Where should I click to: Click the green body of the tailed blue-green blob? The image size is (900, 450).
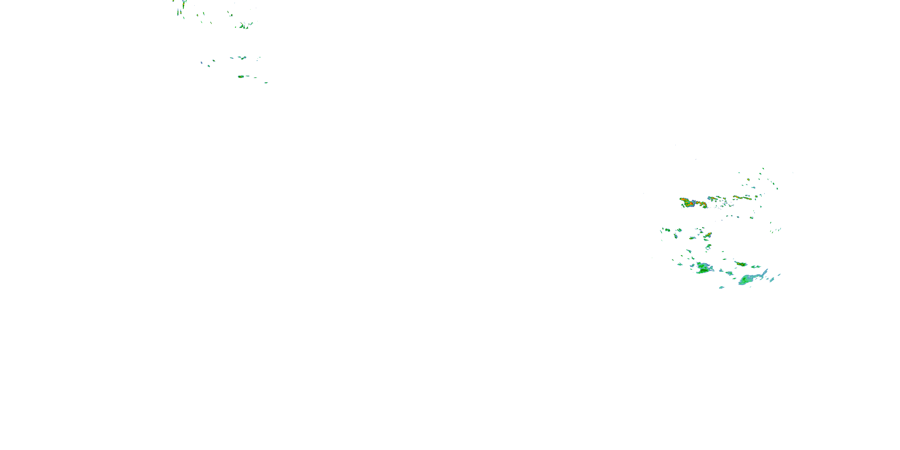tap(746, 279)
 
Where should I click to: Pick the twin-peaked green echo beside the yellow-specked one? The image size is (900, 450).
tap(756, 267)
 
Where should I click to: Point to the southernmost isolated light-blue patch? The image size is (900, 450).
tap(721, 287)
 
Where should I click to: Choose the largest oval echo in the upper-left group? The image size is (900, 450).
tap(241, 76)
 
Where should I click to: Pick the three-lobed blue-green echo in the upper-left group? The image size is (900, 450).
tap(242, 58)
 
